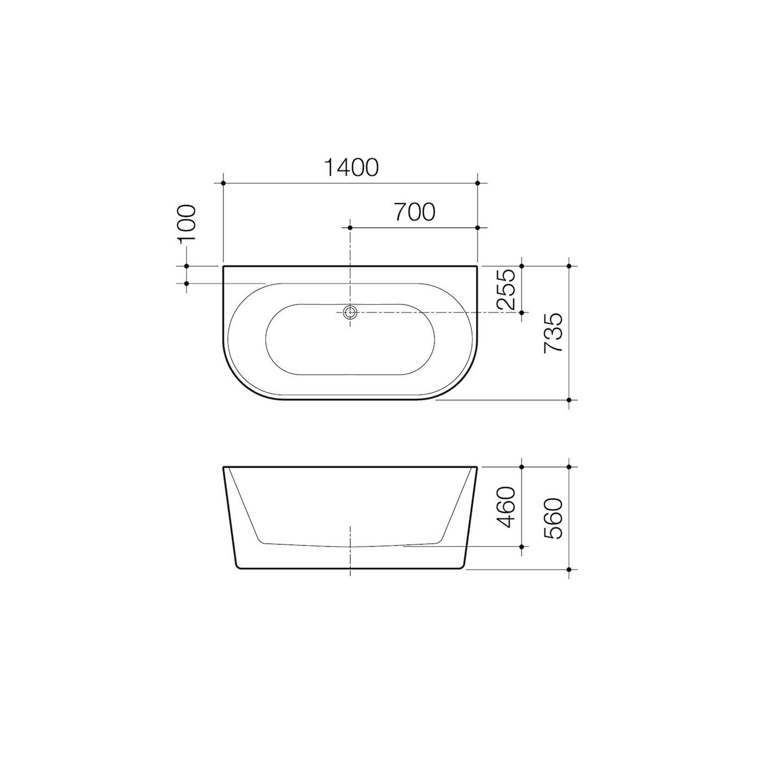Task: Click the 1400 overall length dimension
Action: [351, 167]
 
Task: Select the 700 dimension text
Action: [414, 212]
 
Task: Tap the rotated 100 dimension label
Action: [187, 223]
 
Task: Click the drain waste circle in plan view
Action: [350, 312]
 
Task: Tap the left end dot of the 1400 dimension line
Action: [223, 184]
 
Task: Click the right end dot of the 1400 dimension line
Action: [478, 184]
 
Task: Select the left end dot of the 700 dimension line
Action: [350, 228]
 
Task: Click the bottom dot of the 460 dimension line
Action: [522, 547]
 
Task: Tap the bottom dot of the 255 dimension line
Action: [522, 313]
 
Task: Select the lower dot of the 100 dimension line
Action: [187, 283]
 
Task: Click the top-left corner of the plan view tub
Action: [224, 267]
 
